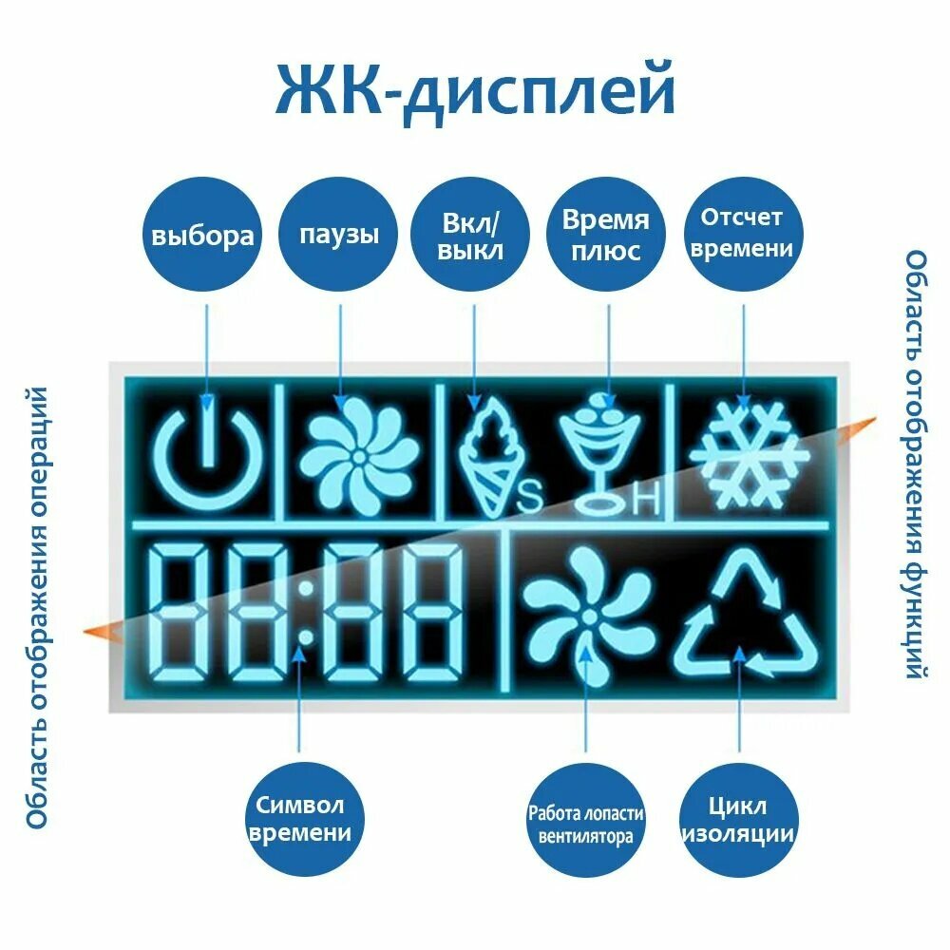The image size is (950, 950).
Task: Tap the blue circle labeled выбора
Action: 203,235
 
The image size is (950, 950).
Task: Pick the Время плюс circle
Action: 605,235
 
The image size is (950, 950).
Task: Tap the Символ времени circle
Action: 298,820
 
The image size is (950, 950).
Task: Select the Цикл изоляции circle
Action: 737,820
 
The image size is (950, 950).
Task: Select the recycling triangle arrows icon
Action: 745,617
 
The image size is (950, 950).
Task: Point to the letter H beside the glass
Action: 645,503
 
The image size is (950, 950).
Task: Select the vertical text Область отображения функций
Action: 914,465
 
